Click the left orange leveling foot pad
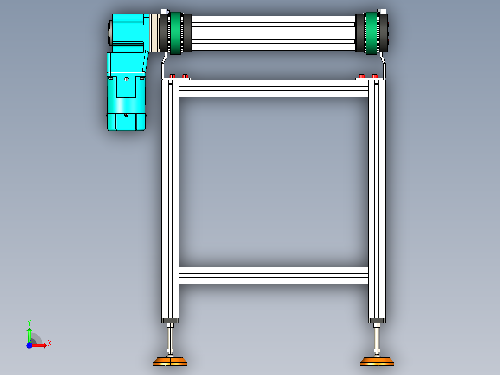click(170, 362)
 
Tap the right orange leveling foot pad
click(377, 362)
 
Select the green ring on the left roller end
click(175, 33)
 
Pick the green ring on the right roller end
click(372, 33)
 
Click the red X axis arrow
click(38, 345)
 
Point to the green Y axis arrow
click(29, 336)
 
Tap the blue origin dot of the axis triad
click(29, 345)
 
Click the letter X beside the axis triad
click(50, 343)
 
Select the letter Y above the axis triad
click(29, 323)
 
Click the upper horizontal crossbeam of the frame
click(274, 89)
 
